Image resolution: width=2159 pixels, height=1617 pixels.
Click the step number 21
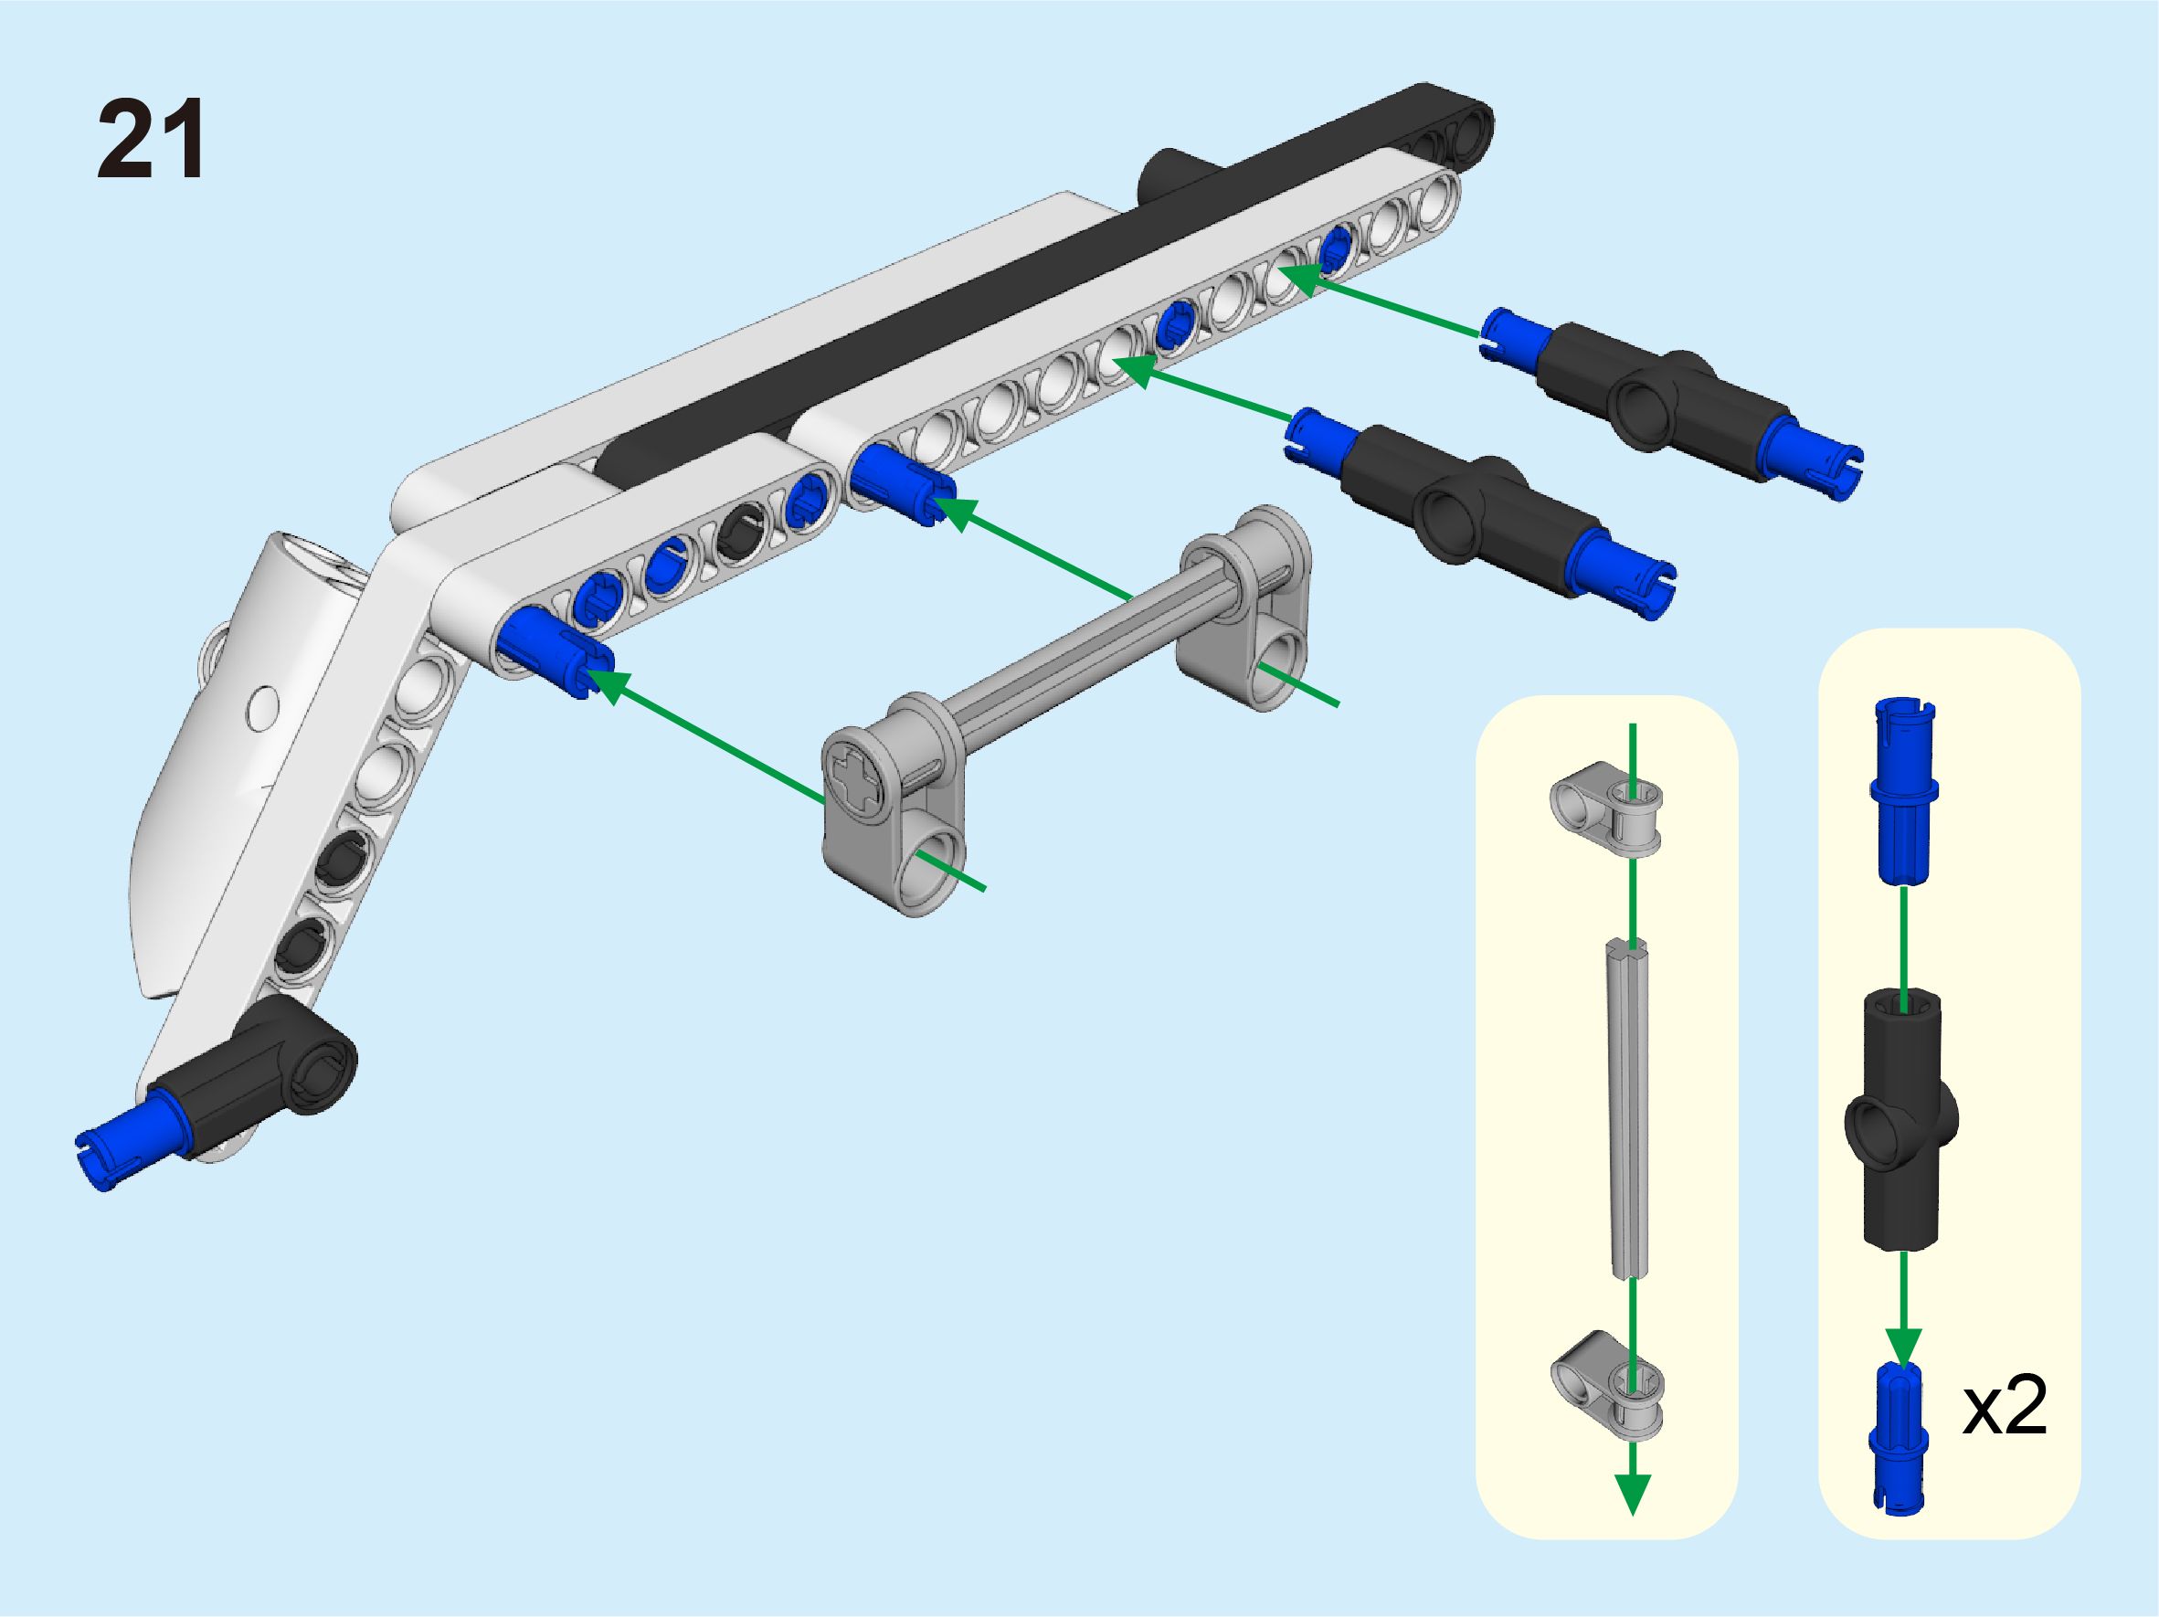click(x=152, y=139)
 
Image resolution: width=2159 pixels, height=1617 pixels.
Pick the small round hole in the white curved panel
click(x=262, y=709)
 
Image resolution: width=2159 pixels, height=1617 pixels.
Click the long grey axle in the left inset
click(x=1627, y=1108)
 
